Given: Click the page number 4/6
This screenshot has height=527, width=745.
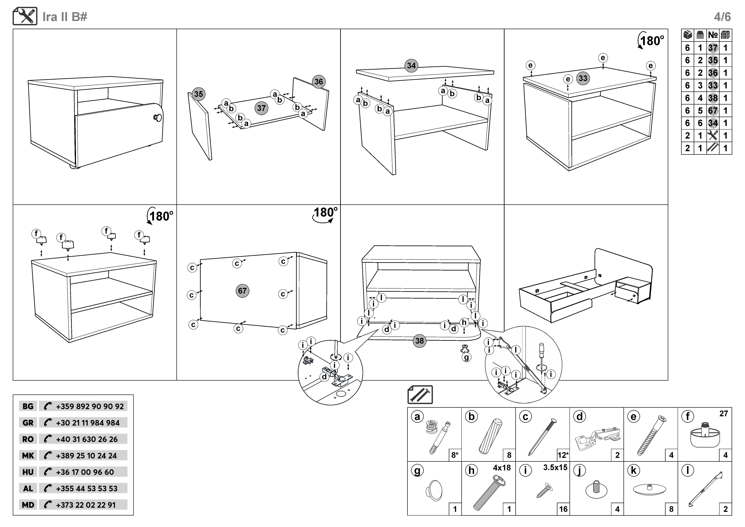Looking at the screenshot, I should coord(722,17).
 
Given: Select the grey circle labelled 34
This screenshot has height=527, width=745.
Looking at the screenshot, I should coord(411,65).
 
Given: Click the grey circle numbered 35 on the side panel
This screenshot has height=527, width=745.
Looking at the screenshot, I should coord(198,94).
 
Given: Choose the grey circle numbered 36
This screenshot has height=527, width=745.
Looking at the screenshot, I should coord(319,81).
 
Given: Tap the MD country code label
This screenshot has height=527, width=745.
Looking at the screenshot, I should coord(28,505).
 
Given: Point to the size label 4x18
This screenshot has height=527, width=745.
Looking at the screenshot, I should coord(502,468).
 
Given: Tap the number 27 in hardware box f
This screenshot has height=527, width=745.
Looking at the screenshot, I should coord(723,414).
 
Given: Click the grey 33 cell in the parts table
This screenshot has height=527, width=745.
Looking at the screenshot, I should coord(713,85).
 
